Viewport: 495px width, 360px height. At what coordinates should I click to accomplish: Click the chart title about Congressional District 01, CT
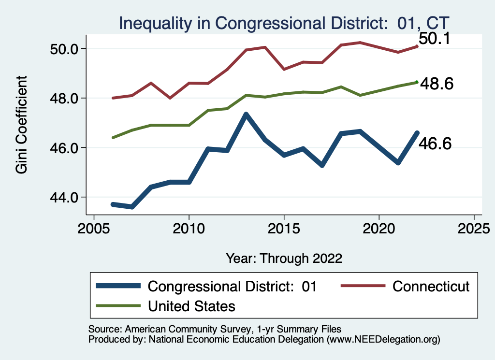[284, 23]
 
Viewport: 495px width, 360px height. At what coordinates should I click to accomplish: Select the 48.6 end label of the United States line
[437, 84]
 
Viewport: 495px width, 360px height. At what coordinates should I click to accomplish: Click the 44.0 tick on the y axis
[64, 197]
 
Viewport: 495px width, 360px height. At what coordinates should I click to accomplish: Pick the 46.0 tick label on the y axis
[64, 148]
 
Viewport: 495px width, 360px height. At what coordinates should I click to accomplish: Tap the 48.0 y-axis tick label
[64, 99]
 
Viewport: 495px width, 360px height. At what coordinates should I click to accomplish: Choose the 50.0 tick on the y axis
[64, 49]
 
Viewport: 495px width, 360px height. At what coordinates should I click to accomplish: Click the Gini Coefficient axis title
[22, 125]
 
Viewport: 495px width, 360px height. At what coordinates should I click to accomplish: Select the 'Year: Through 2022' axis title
[284, 258]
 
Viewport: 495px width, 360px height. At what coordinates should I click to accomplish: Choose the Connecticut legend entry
[431, 286]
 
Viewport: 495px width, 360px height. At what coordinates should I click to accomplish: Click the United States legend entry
[191, 306]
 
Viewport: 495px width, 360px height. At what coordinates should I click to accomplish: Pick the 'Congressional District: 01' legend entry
[232, 286]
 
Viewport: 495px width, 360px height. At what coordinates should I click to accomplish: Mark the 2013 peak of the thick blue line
[246, 115]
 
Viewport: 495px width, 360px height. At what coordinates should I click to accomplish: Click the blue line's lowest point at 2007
[132, 207]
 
